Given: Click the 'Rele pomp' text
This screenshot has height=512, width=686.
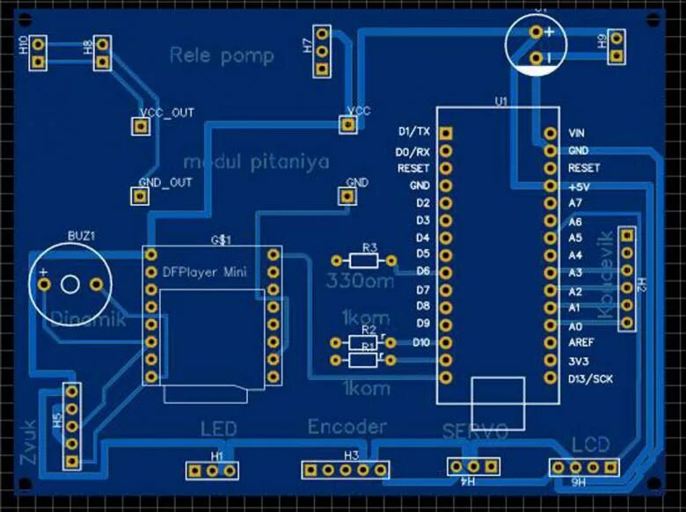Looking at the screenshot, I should (x=222, y=56).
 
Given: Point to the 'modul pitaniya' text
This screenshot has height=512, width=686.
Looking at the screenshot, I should (x=256, y=162).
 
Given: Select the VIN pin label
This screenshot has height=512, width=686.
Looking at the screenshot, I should (x=577, y=133).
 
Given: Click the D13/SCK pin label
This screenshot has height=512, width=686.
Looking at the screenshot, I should (x=589, y=378).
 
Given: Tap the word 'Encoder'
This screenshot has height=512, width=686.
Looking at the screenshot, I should (x=347, y=427).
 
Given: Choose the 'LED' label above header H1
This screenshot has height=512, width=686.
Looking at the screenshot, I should (x=218, y=429).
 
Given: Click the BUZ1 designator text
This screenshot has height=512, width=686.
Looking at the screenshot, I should (x=81, y=237).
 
